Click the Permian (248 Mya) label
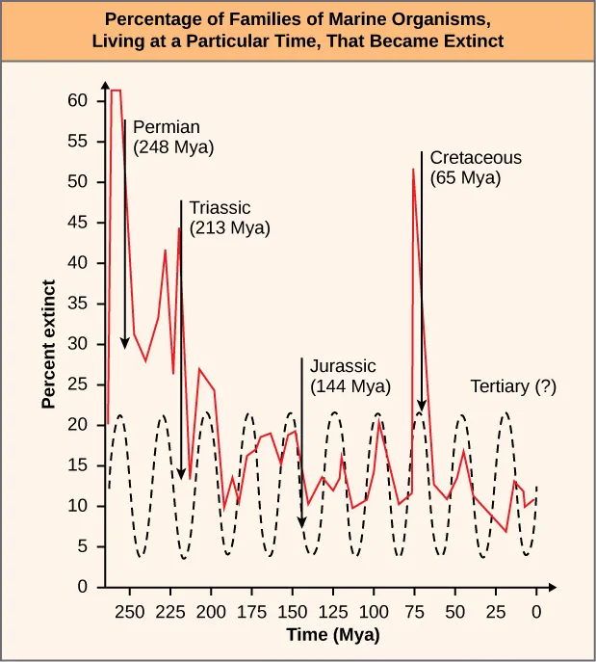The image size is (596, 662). click(173, 137)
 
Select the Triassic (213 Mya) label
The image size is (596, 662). click(229, 218)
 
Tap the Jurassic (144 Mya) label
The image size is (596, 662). click(350, 376)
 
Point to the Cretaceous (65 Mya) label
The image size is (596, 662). click(476, 168)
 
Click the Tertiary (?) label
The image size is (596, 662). click(513, 386)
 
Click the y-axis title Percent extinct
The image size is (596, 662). click(48, 345)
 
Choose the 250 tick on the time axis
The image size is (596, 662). click(130, 610)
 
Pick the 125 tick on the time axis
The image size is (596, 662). click(333, 610)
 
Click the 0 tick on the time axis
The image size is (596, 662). click(536, 610)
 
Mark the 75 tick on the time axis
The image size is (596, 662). click(414, 610)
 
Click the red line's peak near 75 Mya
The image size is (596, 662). click(414, 170)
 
